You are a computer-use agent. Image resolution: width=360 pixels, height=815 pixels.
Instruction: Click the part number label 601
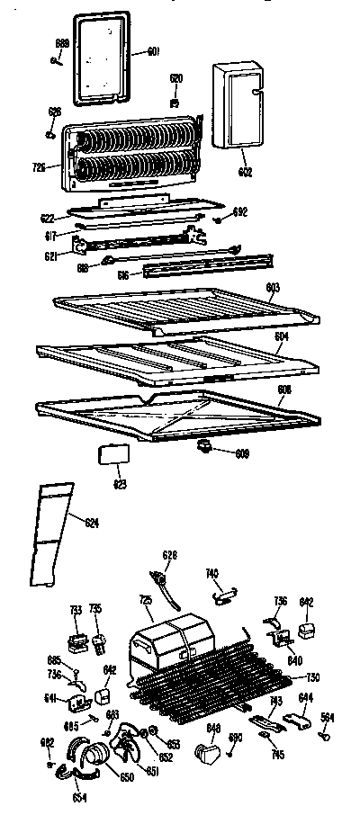point(153,52)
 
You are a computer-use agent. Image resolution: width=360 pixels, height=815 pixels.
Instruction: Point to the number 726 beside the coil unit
point(39,168)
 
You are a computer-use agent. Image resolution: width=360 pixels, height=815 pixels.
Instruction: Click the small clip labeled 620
point(176,92)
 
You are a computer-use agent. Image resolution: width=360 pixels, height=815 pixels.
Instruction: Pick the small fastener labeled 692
point(219,219)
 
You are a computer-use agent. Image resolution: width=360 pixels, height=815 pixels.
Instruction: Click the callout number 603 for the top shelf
point(273,287)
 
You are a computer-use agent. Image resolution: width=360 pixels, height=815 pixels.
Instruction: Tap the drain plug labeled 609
point(204,445)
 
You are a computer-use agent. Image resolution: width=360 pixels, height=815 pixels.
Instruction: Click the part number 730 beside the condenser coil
point(312,677)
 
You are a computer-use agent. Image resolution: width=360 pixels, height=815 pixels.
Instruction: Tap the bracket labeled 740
point(225,591)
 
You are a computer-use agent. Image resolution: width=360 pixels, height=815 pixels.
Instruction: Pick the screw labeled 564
point(323,736)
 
